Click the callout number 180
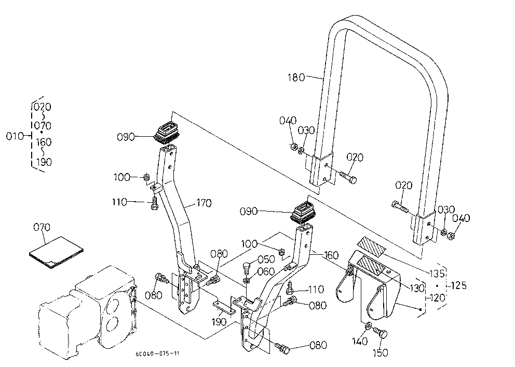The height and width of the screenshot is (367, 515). pyautogui.click(x=296, y=77)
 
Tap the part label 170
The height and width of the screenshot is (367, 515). pyautogui.click(x=204, y=203)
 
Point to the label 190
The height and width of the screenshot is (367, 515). pyautogui.click(x=219, y=322)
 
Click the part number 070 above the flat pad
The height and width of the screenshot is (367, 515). pyautogui.click(x=42, y=227)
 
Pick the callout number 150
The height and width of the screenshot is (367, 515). pyautogui.click(x=381, y=353)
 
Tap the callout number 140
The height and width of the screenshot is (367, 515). pyautogui.click(x=360, y=342)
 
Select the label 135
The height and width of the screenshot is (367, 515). pyautogui.click(x=438, y=273)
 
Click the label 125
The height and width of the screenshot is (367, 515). pyautogui.click(x=458, y=285)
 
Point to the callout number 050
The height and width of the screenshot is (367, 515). pyautogui.click(x=266, y=259)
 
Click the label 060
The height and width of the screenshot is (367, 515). pyautogui.click(x=266, y=271)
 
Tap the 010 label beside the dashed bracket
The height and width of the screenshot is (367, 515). pyautogui.click(x=15, y=136)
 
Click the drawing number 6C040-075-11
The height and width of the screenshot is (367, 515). pyautogui.click(x=157, y=354)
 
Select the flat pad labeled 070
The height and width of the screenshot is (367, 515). pyautogui.click(x=56, y=252)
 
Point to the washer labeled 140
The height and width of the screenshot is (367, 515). pyautogui.click(x=368, y=326)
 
